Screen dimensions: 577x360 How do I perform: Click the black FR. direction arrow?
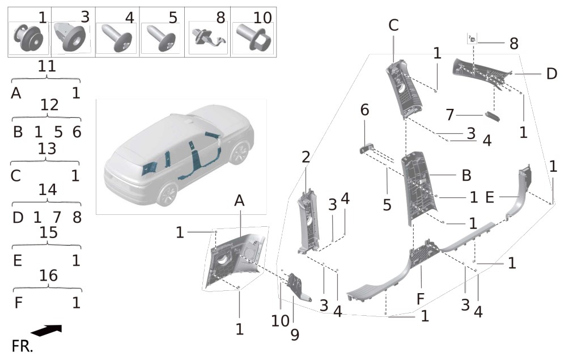click(x=46, y=330)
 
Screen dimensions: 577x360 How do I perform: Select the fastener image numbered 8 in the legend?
click(x=208, y=37)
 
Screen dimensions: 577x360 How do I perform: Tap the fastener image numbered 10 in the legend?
click(x=253, y=37)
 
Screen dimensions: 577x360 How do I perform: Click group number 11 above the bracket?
click(x=46, y=66)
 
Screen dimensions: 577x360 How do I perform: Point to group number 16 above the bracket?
click(x=48, y=276)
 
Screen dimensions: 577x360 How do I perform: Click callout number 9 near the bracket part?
click(x=295, y=334)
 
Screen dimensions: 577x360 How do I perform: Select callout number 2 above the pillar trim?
click(x=306, y=157)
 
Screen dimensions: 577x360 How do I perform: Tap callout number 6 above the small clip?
click(x=364, y=109)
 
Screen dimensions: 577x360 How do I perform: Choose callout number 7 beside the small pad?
click(x=449, y=115)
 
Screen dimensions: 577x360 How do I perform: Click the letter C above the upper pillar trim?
click(x=393, y=25)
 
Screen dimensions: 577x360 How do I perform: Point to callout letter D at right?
click(x=551, y=74)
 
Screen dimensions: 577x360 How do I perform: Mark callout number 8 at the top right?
click(x=514, y=44)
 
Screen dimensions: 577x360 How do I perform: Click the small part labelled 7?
click(x=493, y=116)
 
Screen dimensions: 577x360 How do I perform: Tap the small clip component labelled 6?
click(x=367, y=149)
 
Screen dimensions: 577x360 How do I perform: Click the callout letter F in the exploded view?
click(x=420, y=299)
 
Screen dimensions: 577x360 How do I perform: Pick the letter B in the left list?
click(x=18, y=132)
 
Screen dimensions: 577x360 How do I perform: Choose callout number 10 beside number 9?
click(x=280, y=321)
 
